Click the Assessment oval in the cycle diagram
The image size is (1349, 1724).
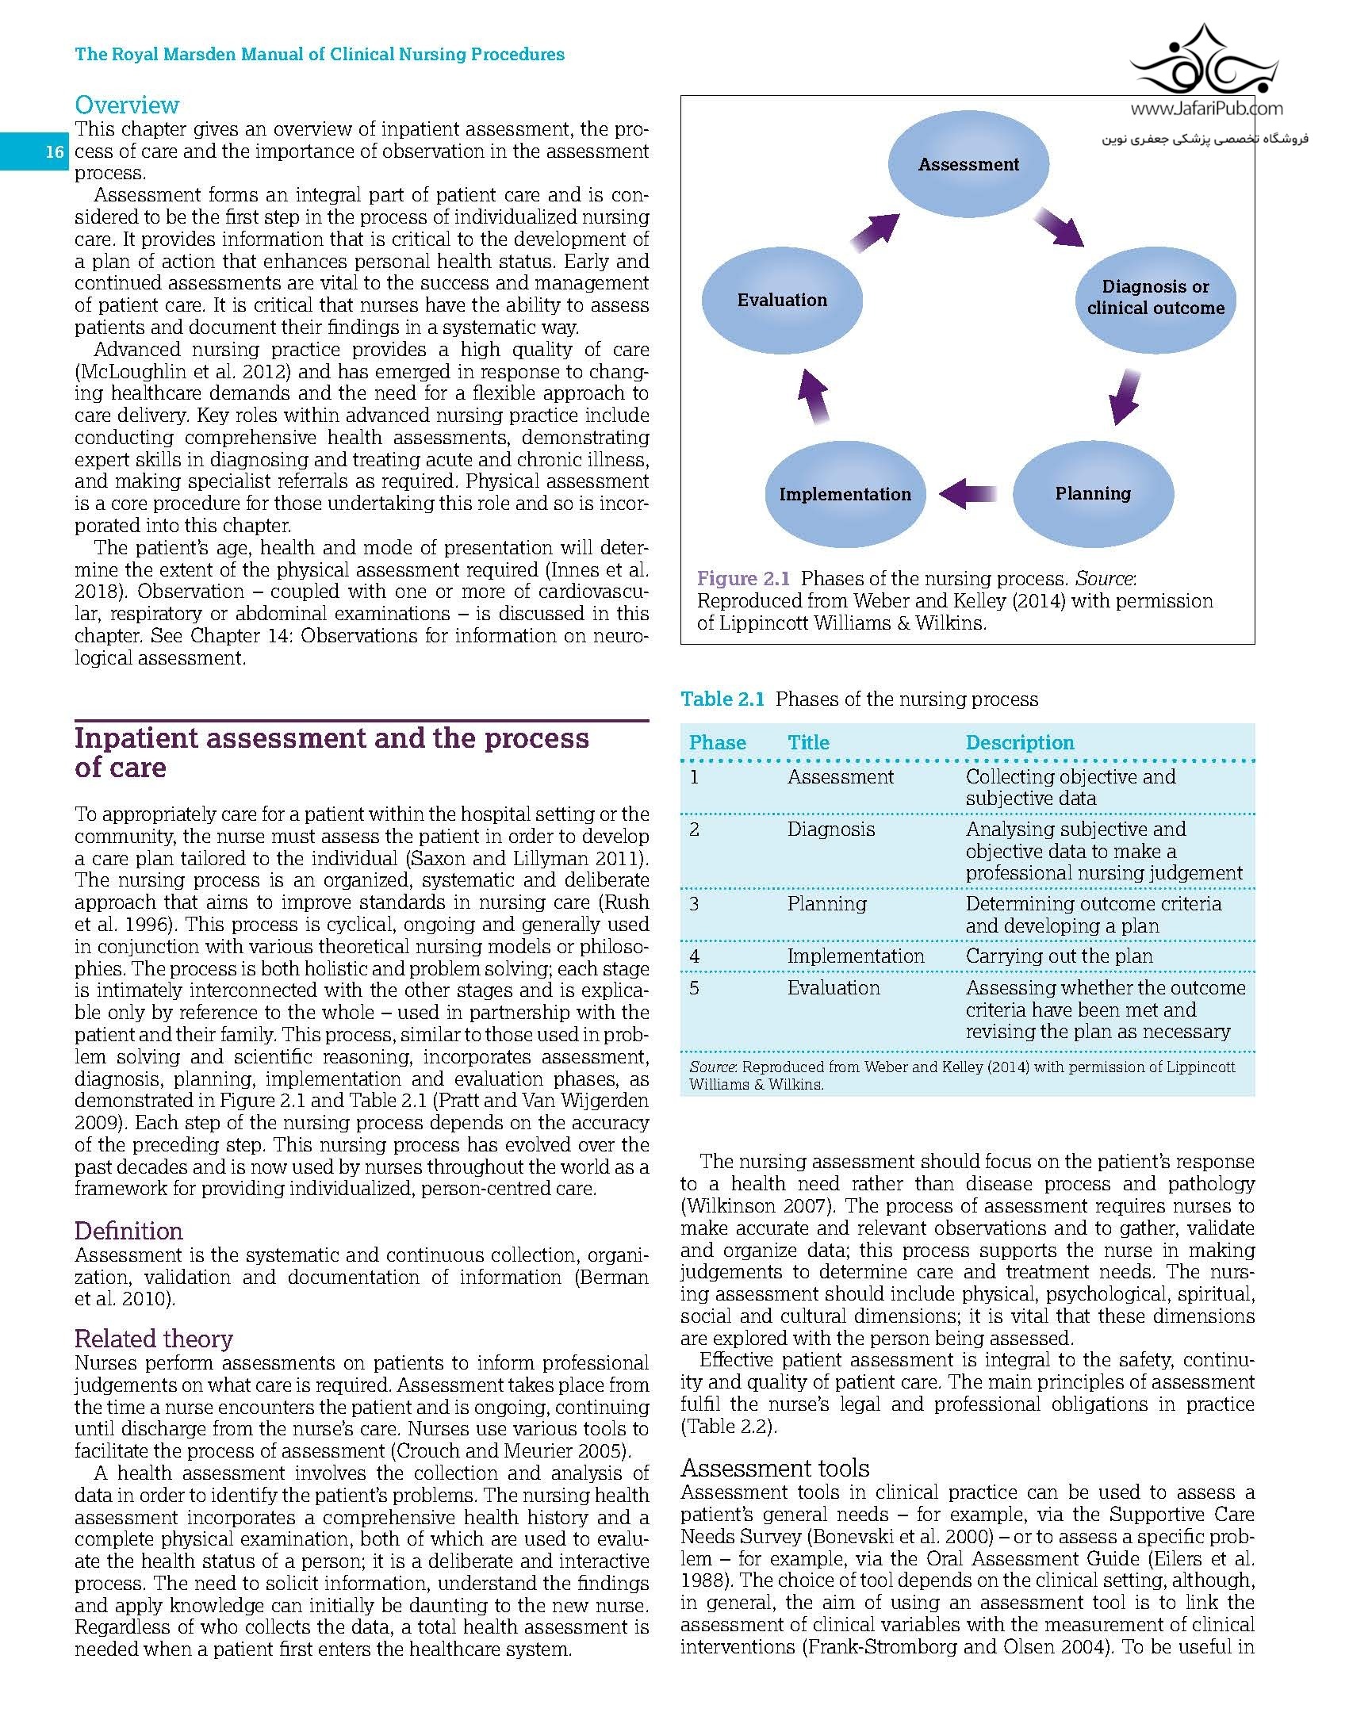coord(968,165)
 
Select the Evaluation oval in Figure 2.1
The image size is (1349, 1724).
coord(783,300)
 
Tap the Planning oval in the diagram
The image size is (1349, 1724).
coord(1093,493)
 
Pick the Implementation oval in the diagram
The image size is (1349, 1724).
coord(845,494)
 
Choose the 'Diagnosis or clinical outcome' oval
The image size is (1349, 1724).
coord(1155,297)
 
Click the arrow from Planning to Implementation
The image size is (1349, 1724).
coord(968,493)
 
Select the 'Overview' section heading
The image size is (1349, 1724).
coord(127,105)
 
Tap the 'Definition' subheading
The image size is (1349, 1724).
coord(128,1231)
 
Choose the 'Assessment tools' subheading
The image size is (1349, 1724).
coord(775,1468)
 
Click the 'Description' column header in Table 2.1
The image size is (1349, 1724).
coord(1020,742)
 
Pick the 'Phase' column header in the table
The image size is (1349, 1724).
coord(718,742)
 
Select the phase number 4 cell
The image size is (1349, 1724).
coord(695,956)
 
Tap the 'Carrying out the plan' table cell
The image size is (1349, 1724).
coord(1059,956)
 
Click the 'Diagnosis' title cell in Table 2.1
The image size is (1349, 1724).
coord(831,829)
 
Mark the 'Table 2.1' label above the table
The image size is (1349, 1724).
coord(722,699)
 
